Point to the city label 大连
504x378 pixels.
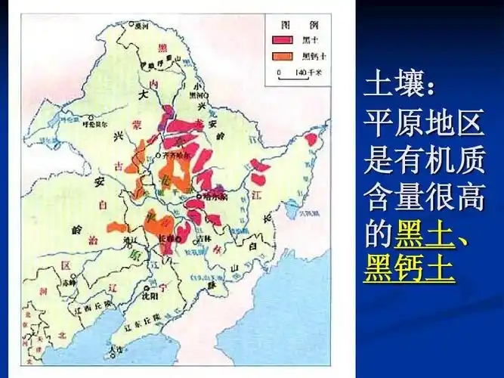coord(115,350)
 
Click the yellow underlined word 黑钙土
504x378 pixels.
coord(409,268)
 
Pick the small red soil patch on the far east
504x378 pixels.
coord(311,139)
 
